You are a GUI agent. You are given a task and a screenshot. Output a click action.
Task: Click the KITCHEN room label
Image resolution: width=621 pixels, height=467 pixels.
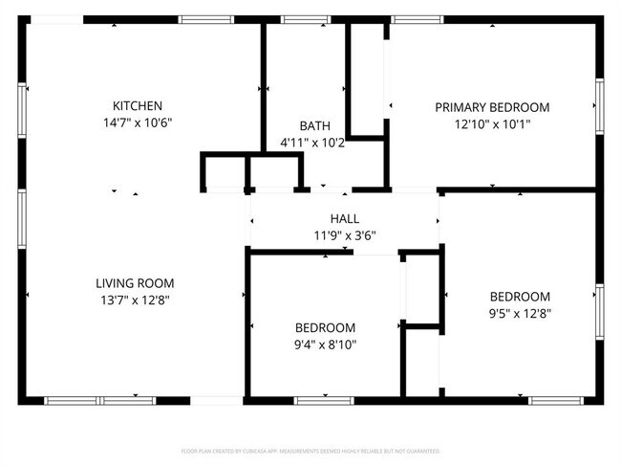138,106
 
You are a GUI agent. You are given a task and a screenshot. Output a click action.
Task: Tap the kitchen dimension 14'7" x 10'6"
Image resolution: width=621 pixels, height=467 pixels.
138,122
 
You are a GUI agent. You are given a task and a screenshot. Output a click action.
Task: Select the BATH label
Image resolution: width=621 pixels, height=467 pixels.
314,126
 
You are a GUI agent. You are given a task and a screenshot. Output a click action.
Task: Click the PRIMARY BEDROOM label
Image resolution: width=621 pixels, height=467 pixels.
492,107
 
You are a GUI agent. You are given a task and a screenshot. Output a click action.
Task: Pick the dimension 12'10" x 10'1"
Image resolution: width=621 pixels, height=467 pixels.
492,123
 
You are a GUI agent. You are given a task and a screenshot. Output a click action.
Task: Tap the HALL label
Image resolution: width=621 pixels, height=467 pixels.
345,219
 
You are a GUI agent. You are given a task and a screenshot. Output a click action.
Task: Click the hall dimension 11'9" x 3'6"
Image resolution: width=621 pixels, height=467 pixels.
345,235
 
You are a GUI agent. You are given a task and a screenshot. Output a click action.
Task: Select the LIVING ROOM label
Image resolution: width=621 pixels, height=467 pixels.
135,283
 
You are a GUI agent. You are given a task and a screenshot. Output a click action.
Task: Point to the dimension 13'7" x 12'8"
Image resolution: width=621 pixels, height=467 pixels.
135,300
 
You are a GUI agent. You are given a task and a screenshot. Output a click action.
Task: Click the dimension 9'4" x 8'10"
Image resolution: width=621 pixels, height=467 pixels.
325,344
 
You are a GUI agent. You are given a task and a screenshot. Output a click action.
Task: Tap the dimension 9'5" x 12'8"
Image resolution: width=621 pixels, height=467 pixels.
520,313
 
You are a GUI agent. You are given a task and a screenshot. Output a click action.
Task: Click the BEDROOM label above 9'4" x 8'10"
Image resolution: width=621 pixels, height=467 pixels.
325,327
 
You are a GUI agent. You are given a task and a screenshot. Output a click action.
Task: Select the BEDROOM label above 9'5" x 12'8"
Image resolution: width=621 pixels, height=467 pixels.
520,297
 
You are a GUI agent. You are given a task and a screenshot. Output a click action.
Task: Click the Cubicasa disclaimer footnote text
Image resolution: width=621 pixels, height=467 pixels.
310,451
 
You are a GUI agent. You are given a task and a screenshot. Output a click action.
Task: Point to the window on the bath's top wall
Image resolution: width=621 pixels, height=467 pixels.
301,19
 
